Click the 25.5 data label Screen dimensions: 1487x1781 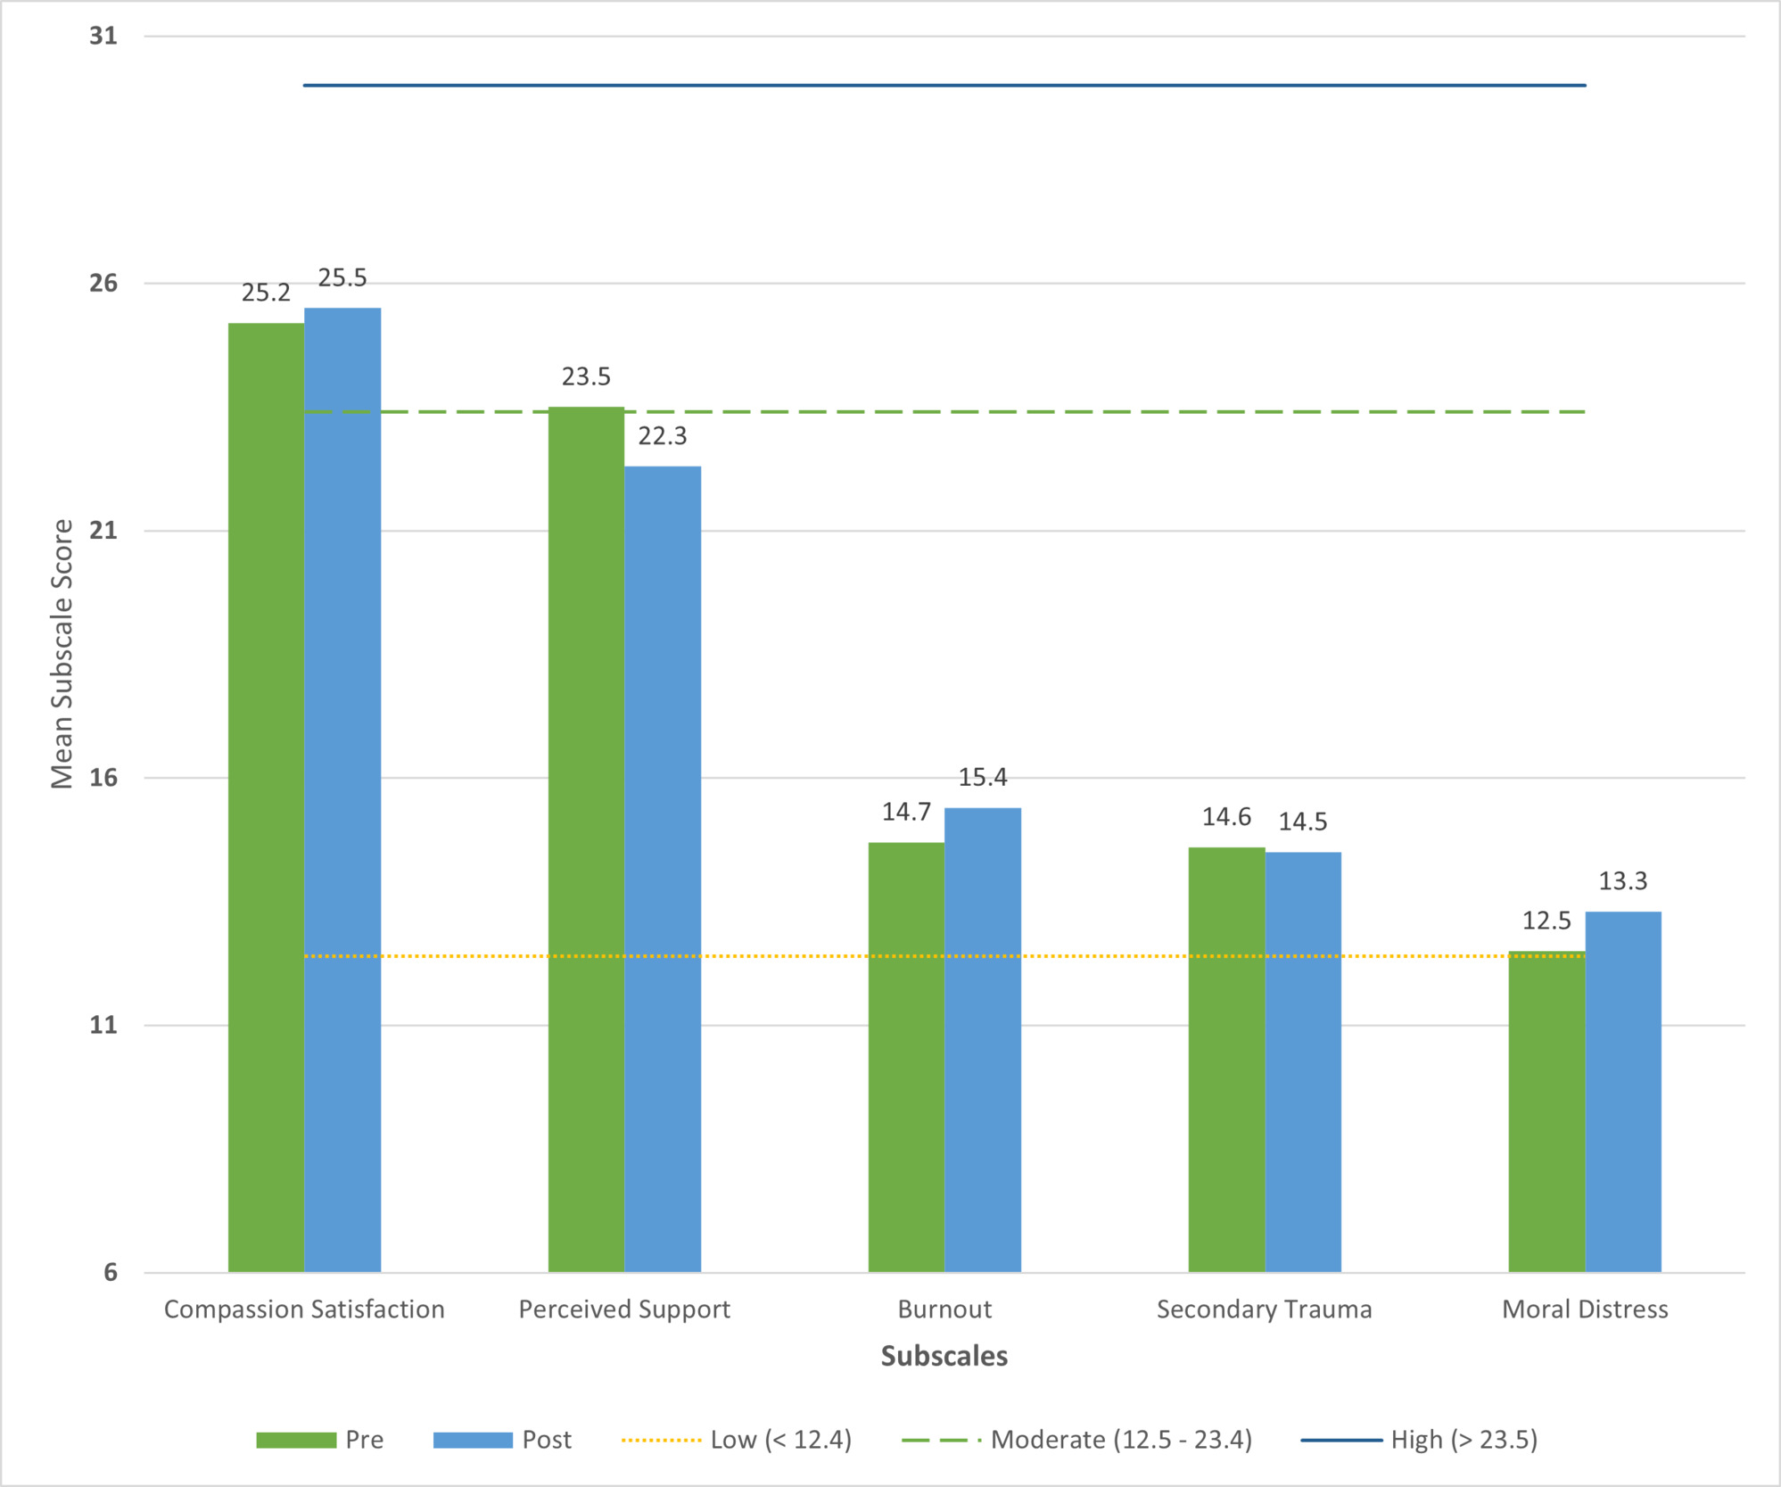(342, 278)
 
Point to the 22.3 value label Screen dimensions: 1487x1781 (663, 436)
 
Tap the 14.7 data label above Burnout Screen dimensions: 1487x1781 (906, 812)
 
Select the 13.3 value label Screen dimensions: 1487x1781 (1623, 881)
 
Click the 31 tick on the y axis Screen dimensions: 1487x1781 (103, 36)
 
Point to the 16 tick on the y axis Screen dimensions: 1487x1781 (103, 778)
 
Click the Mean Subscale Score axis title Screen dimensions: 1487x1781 (62, 654)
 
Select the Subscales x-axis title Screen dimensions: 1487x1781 (944, 1356)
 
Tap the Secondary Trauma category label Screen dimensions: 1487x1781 (1264, 1309)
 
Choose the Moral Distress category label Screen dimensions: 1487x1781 (1585, 1309)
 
